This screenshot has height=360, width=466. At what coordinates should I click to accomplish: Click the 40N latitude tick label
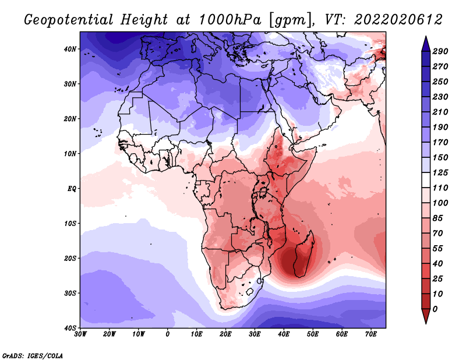point(70,49)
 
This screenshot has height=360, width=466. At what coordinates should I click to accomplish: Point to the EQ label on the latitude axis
point(72,189)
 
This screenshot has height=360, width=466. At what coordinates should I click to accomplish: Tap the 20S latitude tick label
point(70,258)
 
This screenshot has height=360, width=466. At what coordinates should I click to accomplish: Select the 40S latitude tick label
point(70,328)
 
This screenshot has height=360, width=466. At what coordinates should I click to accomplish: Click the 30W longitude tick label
point(80,334)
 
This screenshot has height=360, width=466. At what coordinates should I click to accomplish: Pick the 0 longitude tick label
point(168,334)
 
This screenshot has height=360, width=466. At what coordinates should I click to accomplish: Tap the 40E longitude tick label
point(284,334)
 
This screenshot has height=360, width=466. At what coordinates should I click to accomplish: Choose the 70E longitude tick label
point(371,334)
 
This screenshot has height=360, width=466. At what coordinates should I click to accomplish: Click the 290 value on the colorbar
point(440,51)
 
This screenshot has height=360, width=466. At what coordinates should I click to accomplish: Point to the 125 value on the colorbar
point(440,172)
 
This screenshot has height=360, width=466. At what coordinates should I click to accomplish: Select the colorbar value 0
point(435,309)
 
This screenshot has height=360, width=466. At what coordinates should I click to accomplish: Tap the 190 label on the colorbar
point(440,127)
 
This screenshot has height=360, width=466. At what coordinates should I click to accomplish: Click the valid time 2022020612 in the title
point(398,20)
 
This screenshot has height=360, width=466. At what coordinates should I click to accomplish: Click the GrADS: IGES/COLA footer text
point(33,355)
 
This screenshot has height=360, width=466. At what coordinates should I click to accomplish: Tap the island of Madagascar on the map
point(303,256)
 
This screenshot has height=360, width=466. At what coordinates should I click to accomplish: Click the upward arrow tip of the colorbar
point(426,37)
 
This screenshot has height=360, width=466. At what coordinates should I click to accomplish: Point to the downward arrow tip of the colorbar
point(426,323)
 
